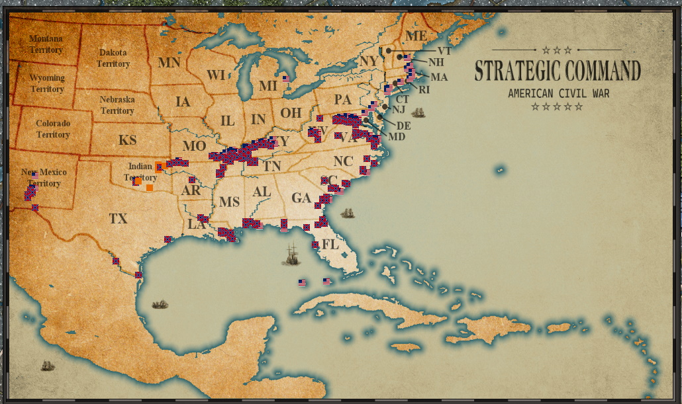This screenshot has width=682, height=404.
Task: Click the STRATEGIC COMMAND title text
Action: click(558, 71)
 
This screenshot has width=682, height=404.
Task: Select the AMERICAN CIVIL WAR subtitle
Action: click(558, 93)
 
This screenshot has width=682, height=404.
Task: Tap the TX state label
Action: click(119, 219)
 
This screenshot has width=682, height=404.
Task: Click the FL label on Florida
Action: click(330, 245)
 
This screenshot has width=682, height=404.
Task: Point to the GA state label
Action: click(301, 198)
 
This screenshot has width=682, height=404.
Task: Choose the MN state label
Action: click(169, 63)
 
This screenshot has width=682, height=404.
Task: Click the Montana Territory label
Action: click(46, 44)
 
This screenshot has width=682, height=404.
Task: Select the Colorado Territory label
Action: click(53, 129)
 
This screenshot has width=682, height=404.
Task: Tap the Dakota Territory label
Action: click(113, 58)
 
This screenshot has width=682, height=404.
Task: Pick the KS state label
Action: click(127, 140)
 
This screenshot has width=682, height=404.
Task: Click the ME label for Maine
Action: click(416, 36)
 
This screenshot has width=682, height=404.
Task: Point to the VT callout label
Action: click(444, 50)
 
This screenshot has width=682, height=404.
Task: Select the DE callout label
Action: click(403, 126)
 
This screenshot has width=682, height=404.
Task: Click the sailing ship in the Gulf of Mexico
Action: click(291, 254)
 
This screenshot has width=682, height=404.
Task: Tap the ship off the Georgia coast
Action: click(347, 213)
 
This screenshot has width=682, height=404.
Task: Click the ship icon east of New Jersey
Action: click(418, 112)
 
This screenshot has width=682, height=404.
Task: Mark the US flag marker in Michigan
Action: click(287, 78)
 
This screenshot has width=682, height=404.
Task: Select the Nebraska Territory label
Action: click(117, 105)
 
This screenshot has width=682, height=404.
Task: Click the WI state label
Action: click(216, 75)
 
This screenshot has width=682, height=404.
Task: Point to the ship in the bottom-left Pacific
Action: click(46, 366)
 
